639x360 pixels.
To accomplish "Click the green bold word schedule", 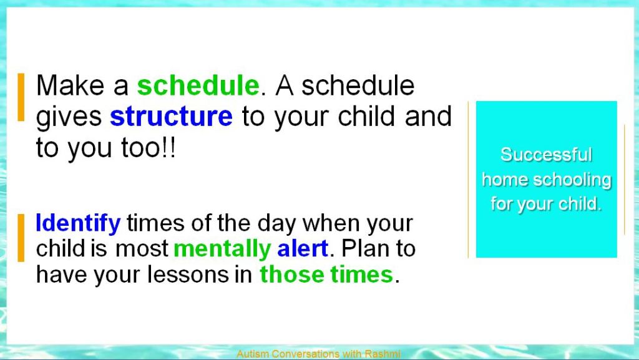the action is coord(198,85).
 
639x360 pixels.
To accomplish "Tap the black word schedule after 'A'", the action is coord(358,85).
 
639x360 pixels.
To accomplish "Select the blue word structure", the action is coord(171,117).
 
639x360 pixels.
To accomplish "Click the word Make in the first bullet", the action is coord(70,85).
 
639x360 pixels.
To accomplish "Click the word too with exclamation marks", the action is coord(149,147).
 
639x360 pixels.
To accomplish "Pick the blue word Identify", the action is coord(78,223).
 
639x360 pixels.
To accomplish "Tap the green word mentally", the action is coord(222,249).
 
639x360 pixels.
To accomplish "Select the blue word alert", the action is coord(303,248).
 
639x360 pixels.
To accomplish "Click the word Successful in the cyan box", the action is coord(546,155).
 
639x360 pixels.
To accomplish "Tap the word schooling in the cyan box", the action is coord(572,180).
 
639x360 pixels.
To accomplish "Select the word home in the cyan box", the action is coord(505,180).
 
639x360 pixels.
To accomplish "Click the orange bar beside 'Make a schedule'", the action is coord(21,97).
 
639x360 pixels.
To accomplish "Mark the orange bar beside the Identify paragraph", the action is coord(21,238).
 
